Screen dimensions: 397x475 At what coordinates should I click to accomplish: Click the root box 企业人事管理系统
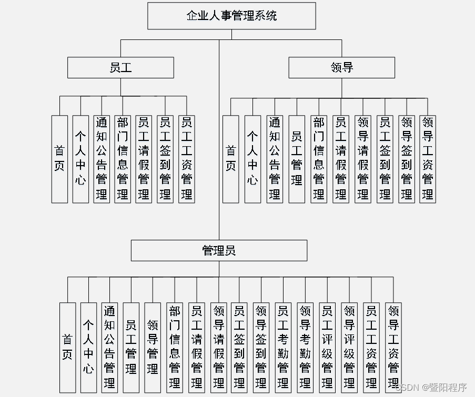click(x=231, y=16)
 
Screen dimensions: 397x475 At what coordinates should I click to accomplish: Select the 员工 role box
click(x=120, y=67)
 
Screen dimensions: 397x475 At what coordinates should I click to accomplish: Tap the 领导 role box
click(x=341, y=67)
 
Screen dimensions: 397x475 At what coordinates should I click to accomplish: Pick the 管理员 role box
click(x=219, y=250)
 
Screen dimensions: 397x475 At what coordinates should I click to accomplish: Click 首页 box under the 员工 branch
click(x=59, y=159)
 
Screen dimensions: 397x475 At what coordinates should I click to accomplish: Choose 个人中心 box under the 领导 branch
click(x=252, y=159)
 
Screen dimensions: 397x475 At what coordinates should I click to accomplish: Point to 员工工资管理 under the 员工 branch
click(x=187, y=159)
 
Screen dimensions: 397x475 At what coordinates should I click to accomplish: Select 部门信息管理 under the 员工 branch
click(x=123, y=159)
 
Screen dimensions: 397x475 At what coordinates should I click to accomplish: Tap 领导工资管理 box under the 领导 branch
click(x=428, y=159)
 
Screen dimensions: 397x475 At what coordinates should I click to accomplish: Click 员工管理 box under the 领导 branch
click(x=297, y=159)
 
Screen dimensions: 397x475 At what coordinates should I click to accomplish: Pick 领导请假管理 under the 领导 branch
click(x=362, y=159)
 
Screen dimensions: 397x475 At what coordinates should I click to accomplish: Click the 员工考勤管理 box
click(x=283, y=347)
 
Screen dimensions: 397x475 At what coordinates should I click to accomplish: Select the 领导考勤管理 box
click(x=305, y=347)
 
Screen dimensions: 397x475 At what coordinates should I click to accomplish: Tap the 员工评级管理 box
click(x=327, y=347)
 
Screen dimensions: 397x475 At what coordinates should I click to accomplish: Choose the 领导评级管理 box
click(x=349, y=347)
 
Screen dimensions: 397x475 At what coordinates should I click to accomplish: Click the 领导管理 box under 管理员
click(x=153, y=347)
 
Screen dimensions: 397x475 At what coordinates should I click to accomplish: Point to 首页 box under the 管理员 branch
click(x=67, y=347)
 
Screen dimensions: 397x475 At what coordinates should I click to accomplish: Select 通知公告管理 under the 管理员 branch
click(x=109, y=347)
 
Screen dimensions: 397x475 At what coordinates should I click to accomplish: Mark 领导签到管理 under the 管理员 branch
click(x=261, y=347)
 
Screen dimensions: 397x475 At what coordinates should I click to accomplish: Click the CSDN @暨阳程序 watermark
click(x=431, y=388)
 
